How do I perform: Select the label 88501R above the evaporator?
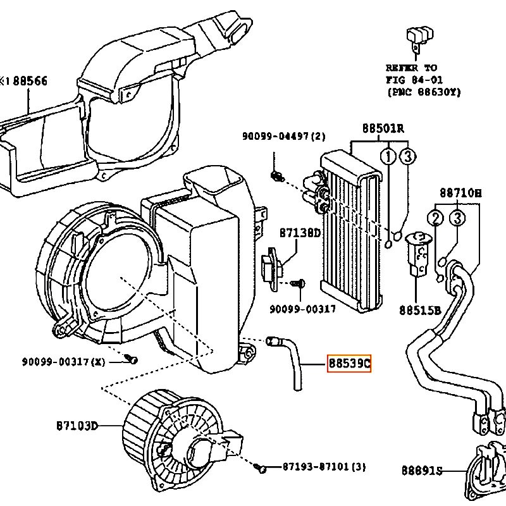click(383, 128)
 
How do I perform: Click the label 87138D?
click(300, 233)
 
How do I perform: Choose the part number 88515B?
click(419, 311)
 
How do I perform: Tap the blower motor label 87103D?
click(77, 425)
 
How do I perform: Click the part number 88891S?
click(421, 471)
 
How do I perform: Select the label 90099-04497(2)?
click(283, 136)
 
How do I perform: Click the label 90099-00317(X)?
click(64, 361)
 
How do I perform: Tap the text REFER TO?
click(411, 68)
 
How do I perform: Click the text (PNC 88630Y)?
click(424, 92)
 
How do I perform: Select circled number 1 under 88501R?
click(388, 156)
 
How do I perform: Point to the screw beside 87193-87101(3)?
click(260, 468)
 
